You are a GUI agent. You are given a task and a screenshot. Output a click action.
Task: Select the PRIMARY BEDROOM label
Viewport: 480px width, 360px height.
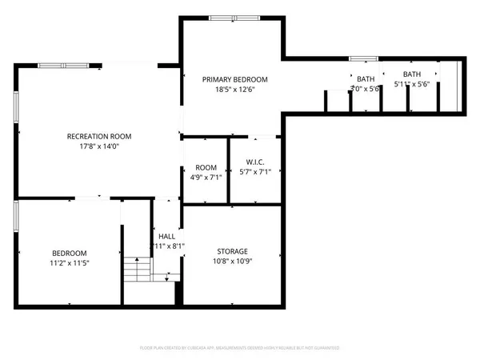coord(234,79)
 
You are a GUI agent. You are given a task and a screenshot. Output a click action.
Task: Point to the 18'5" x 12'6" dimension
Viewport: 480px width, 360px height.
coord(234,90)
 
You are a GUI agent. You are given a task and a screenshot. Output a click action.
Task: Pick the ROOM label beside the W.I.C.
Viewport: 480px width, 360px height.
coord(206,167)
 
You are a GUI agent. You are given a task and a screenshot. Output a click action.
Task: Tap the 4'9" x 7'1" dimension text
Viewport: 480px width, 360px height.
coord(206,177)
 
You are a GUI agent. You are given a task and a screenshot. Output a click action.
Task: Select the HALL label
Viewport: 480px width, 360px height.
coord(166,236)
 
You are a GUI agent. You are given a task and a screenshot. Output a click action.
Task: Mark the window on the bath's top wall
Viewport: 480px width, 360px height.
coord(363,58)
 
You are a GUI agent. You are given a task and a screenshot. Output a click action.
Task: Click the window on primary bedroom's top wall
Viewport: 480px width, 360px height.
coord(233,18)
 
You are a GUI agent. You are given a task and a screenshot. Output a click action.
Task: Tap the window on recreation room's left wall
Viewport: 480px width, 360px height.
coord(17,106)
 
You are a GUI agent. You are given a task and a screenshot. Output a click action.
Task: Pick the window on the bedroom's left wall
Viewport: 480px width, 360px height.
coord(17,218)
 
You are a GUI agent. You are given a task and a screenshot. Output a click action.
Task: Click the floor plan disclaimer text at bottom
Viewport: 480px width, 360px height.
coord(240,348)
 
